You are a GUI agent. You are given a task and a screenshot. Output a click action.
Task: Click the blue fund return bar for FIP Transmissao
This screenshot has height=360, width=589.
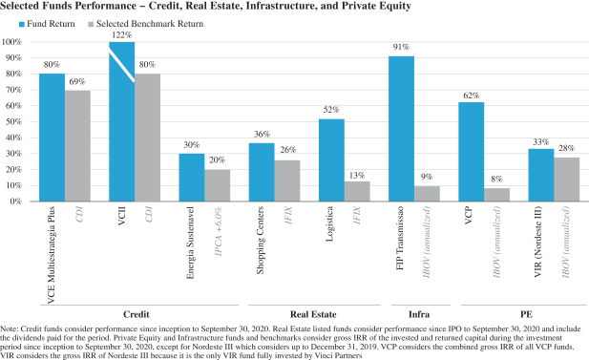pyautogui.click(x=402, y=129)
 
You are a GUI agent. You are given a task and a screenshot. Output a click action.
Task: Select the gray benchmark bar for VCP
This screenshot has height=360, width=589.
pyautogui.click(x=496, y=195)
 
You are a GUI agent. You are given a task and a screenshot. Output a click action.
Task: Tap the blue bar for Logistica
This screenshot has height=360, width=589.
pyautogui.click(x=331, y=160)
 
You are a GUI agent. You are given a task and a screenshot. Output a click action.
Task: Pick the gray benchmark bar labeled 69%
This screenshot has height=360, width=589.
pyautogui.click(x=77, y=146)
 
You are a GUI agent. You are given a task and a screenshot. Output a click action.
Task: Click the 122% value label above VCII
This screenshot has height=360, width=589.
pyautogui.click(x=121, y=35)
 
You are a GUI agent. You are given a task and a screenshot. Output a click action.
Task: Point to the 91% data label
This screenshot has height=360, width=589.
pyautogui.click(x=401, y=47)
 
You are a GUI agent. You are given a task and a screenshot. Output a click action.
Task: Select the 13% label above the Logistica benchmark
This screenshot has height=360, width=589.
pyautogui.click(x=357, y=176)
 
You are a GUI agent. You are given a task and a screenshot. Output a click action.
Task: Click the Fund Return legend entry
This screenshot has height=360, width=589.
pyautogui.click(x=47, y=24)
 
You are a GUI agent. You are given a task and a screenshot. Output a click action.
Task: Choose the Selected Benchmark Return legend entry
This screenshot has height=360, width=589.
pyautogui.click(x=146, y=24)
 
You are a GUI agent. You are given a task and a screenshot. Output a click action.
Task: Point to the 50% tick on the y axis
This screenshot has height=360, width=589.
pyautogui.click(x=12, y=122)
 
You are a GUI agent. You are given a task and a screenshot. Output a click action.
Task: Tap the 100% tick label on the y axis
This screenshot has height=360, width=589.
pyautogui.click(x=11, y=42)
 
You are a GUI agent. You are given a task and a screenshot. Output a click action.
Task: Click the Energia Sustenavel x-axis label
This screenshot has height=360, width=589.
pyautogui.click(x=191, y=243)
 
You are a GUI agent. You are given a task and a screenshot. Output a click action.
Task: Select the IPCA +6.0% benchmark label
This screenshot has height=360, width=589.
pyautogui.click(x=219, y=231)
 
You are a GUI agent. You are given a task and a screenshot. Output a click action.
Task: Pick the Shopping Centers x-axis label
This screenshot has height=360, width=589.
pyautogui.click(x=261, y=240)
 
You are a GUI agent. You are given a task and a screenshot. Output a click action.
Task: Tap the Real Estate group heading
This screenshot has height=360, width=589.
pyautogui.click(x=313, y=314)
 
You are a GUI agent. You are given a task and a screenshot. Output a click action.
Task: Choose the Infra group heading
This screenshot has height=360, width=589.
pyautogui.click(x=419, y=314)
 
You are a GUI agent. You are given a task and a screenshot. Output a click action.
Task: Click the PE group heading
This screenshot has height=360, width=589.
pyautogui.click(x=526, y=314)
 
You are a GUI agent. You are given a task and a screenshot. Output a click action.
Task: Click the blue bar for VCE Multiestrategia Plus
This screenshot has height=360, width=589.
pyautogui.click(x=53, y=138)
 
